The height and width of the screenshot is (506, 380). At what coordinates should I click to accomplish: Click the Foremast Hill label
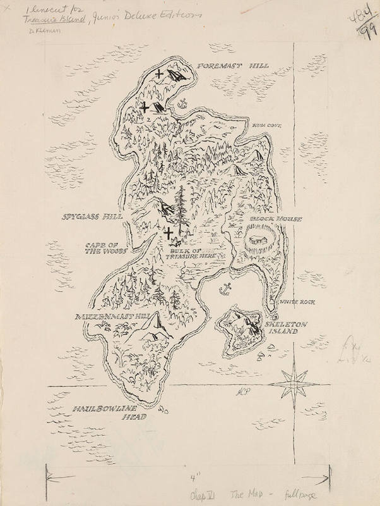[x=233, y=66]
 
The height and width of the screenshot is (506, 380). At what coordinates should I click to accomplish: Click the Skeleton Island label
[x=287, y=327]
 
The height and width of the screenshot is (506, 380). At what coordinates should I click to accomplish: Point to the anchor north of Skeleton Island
[x=223, y=290]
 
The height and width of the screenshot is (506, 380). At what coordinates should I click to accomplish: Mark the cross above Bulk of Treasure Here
[x=169, y=234]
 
